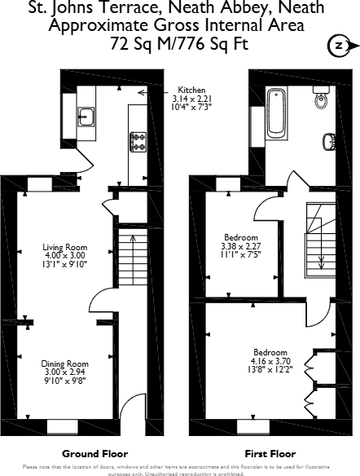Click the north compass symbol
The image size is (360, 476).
click(x=340, y=45)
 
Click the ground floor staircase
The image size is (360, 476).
click(x=130, y=257)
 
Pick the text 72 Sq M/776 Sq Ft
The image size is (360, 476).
click(x=179, y=44)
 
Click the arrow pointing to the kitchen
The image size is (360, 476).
click(x=145, y=93)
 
